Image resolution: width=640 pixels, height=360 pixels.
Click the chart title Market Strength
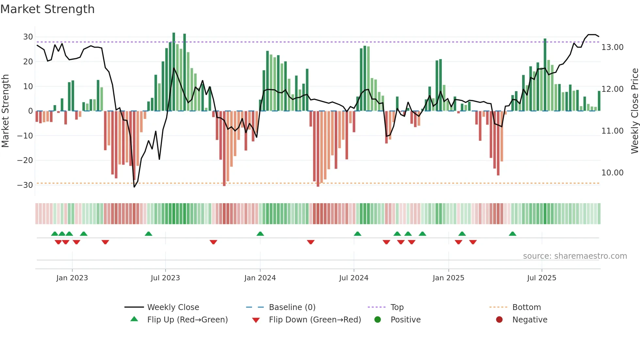[x=47, y=9]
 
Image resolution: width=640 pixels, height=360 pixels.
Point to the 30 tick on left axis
[x=28, y=37]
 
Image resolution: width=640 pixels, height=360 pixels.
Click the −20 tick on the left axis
[x=25, y=160]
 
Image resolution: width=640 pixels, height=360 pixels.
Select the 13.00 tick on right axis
[x=612, y=47]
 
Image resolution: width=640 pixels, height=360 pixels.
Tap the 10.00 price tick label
[x=612, y=173]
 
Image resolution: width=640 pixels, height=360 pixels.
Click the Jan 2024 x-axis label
[x=260, y=278]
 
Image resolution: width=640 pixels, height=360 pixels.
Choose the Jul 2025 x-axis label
[x=541, y=278]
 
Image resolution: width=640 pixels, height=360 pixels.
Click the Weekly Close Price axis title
[x=634, y=111]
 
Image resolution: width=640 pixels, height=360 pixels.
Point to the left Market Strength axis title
[x=5, y=111]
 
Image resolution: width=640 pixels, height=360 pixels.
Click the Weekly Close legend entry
[x=173, y=307]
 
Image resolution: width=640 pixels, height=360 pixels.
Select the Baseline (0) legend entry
[x=292, y=307]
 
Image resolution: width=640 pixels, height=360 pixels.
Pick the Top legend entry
[x=397, y=307]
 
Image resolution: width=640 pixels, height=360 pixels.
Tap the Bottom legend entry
[x=526, y=307]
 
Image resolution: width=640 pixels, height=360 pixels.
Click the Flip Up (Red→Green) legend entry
[x=187, y=320]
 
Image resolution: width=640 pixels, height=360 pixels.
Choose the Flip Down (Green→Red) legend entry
[x=315, y=320]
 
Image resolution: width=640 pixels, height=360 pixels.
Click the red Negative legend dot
[x=499, y=320]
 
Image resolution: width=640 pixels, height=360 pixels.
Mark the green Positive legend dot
[x=377, y=320]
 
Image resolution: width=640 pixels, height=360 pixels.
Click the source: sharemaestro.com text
[x=575, y=256]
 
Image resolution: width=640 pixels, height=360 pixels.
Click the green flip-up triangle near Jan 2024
[x=260, y=234]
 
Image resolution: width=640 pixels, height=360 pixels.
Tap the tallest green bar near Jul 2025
[x=545, y=75]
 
